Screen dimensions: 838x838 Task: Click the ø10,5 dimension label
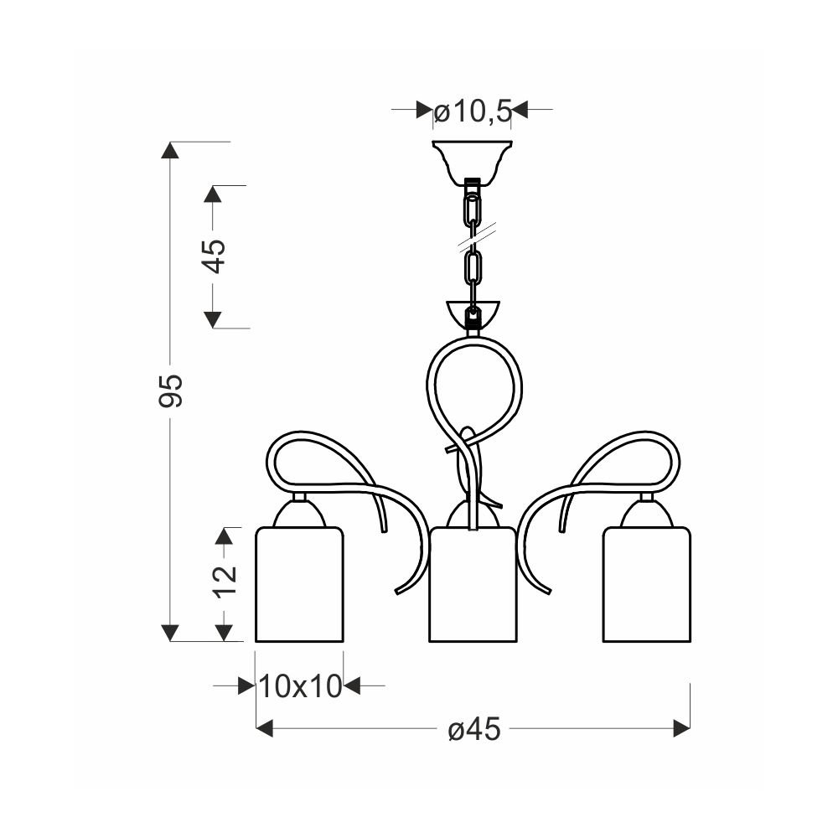tap(473, 112)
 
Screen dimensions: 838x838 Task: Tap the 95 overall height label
tap(171, 391)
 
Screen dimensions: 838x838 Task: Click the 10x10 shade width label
tap(300, 685)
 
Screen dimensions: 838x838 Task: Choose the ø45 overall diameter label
tap(474, 728)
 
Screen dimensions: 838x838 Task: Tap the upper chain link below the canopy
tap(472, 210)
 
